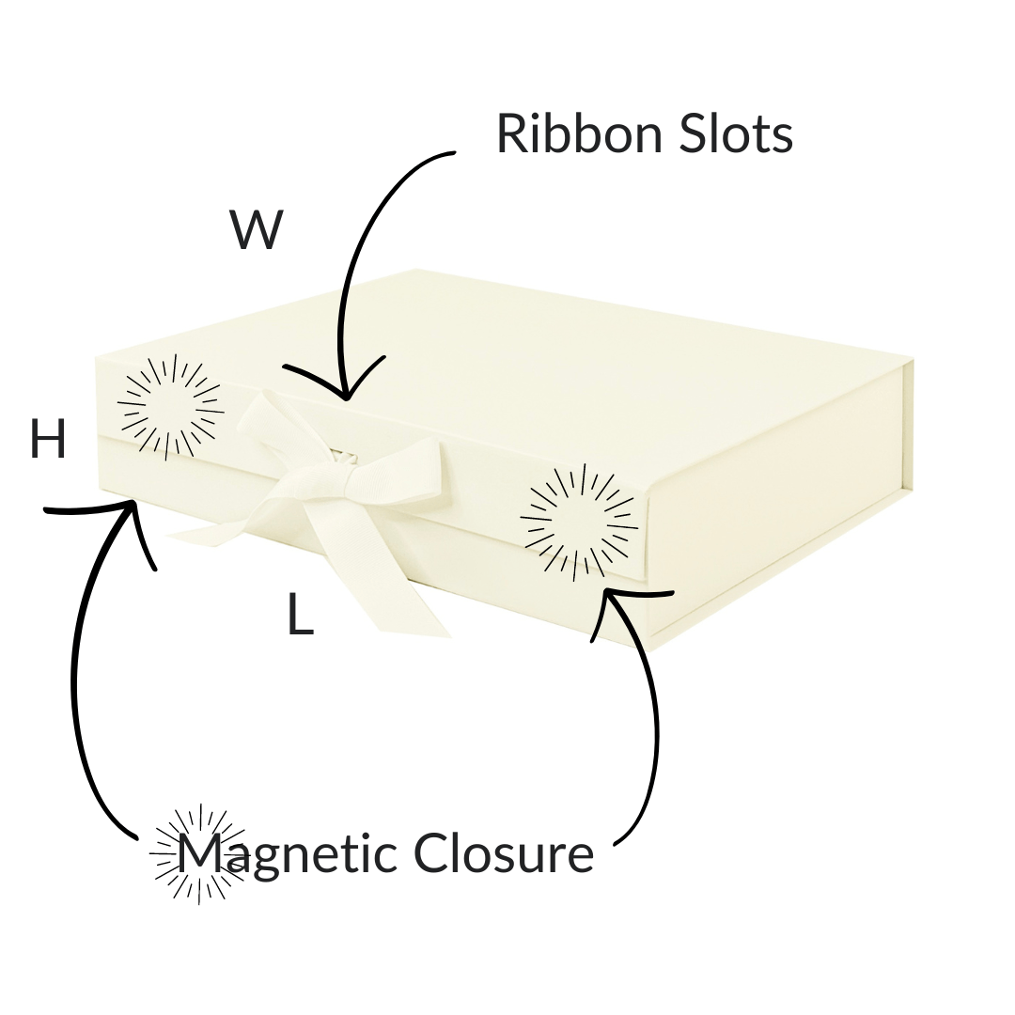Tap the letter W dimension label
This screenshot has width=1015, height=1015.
tap(256, 230)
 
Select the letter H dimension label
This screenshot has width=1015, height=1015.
tap(48, 439)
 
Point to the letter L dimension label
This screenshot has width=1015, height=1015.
tap(299, 616)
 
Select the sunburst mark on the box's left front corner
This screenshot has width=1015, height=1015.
tap(170, 408)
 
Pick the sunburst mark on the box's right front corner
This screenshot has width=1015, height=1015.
tap(577, 521)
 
